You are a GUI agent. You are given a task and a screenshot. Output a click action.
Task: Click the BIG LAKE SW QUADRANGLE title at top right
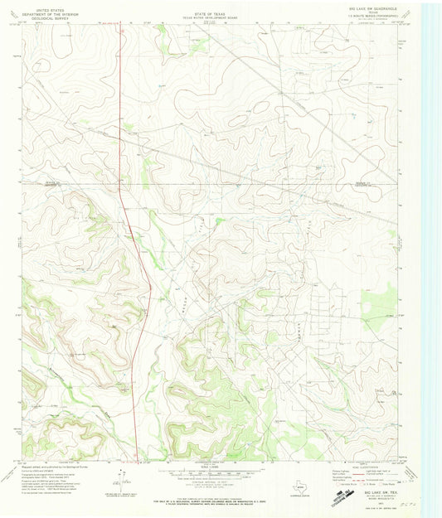(373, 7)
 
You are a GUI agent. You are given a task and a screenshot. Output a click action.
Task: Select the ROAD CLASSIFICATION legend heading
(372, 467)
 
